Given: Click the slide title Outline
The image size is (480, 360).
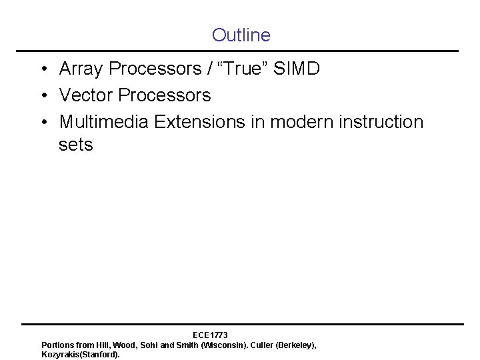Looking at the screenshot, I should pos(241,35).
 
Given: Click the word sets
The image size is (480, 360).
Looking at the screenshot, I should pos(75,145).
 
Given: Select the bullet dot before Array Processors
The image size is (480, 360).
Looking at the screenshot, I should pos(43,69).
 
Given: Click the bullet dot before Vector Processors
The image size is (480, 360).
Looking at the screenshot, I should pos(43,96).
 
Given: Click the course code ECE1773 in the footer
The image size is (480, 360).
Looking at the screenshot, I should pos(210,334).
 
